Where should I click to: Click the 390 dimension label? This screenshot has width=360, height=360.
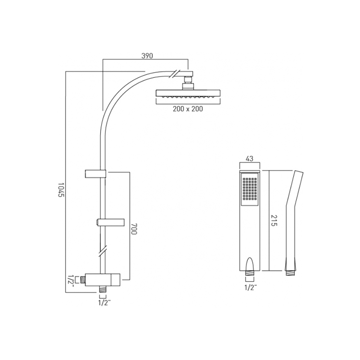coord(147,56)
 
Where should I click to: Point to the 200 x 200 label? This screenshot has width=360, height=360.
coord(188,109)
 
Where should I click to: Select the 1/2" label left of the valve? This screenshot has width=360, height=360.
coord(71,280)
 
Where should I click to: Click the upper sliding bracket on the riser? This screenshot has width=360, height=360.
coord(96,174)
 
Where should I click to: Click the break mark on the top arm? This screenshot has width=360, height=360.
coord(174,73)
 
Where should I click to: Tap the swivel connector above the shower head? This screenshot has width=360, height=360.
coord(188,82)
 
